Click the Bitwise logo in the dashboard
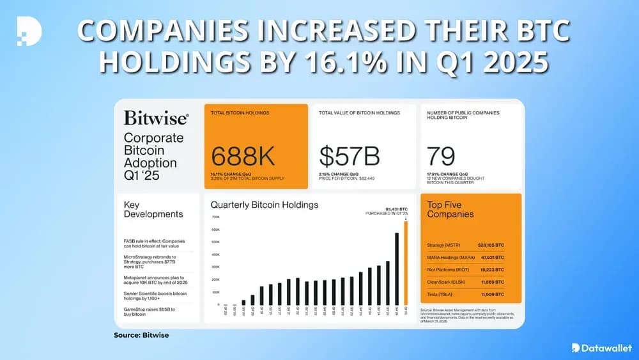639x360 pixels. pos(156,118)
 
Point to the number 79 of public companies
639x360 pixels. pos(441,155)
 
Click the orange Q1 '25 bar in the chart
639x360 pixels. pos(405,263)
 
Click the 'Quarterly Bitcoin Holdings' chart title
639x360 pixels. pos(265,205)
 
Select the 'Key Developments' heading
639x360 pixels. pos(153,209)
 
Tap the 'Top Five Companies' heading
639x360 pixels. pos(450,209)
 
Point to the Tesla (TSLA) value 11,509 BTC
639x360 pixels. pos(491,293)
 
